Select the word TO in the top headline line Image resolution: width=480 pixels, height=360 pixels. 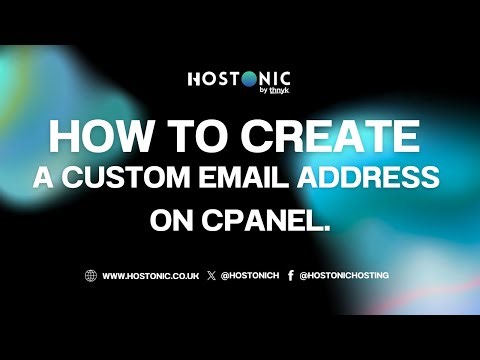[x=204, y=137]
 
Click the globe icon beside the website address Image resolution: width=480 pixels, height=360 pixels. [x=91, y=275]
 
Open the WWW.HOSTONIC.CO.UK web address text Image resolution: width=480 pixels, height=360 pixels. [x=150, y=275]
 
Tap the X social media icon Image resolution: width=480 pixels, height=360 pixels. [x=211, y=275]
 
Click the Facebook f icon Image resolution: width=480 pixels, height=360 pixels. [x=290, y=275]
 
